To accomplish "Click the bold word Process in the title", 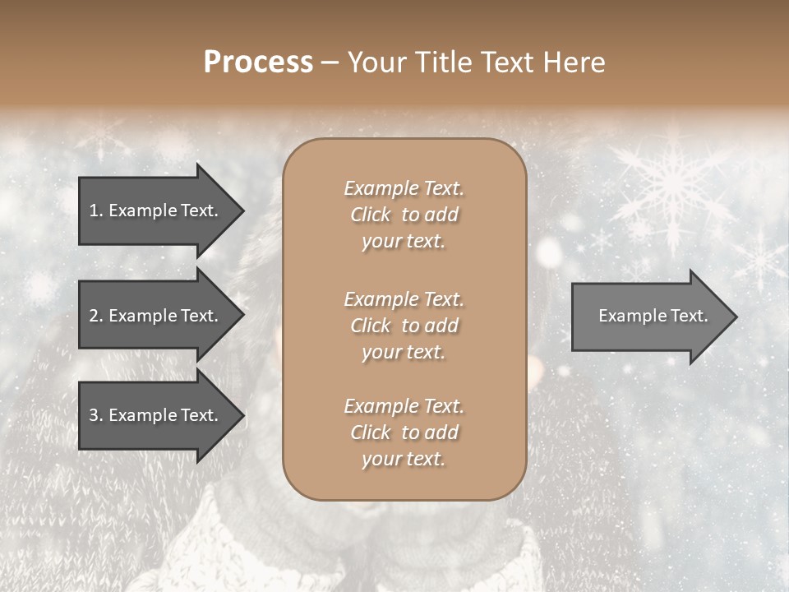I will tap(258, 62).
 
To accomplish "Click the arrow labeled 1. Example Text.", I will tap(156, 210).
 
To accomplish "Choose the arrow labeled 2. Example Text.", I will tap(156, 316).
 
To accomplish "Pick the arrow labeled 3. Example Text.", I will tap(156, 416).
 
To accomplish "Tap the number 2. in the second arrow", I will tap(95, 316).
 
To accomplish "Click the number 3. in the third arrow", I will tap(95, 416).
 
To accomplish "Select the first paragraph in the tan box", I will tap(404, 215).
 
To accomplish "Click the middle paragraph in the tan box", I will tap(404, 326).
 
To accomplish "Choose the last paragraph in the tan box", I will tap(404, 432).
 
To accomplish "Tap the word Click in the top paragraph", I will tap(371, 215).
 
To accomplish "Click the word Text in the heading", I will tap(509, 62).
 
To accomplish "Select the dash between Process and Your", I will tap(330, 63).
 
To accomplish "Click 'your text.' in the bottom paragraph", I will tap(404, 459).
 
